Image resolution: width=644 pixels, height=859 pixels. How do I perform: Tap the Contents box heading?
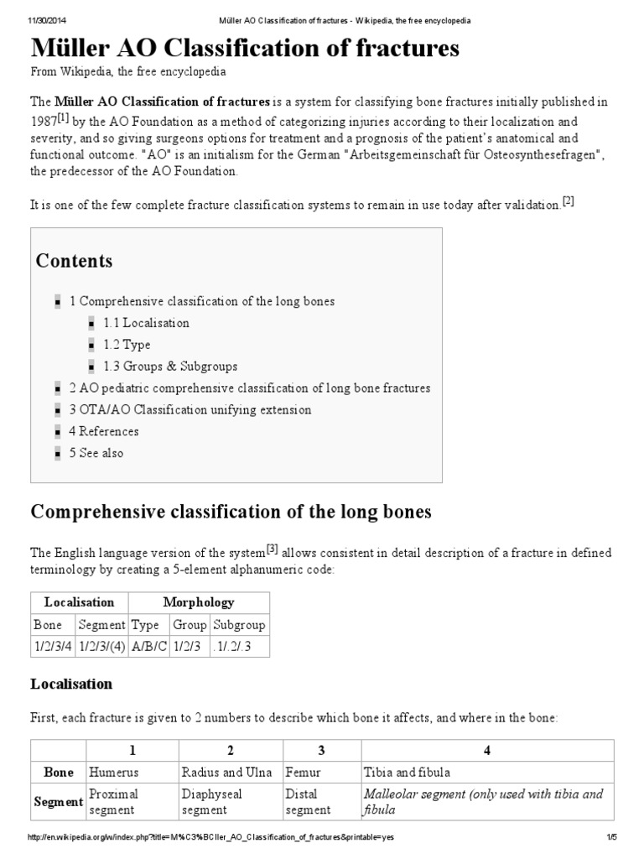74,261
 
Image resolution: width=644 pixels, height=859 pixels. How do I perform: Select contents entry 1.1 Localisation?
147,323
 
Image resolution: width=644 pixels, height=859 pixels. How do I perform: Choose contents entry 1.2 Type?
127,345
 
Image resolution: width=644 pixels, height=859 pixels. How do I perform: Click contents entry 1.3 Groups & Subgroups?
170,367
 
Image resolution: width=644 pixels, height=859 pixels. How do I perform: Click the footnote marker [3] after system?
272,549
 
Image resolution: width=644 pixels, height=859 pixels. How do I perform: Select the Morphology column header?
200,602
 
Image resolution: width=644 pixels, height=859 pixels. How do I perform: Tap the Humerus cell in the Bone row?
112,773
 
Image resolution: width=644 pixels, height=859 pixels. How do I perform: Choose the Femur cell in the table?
304,773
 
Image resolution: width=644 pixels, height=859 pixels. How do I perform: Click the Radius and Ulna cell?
226,773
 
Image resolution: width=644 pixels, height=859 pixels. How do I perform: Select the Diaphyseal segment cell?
205,802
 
